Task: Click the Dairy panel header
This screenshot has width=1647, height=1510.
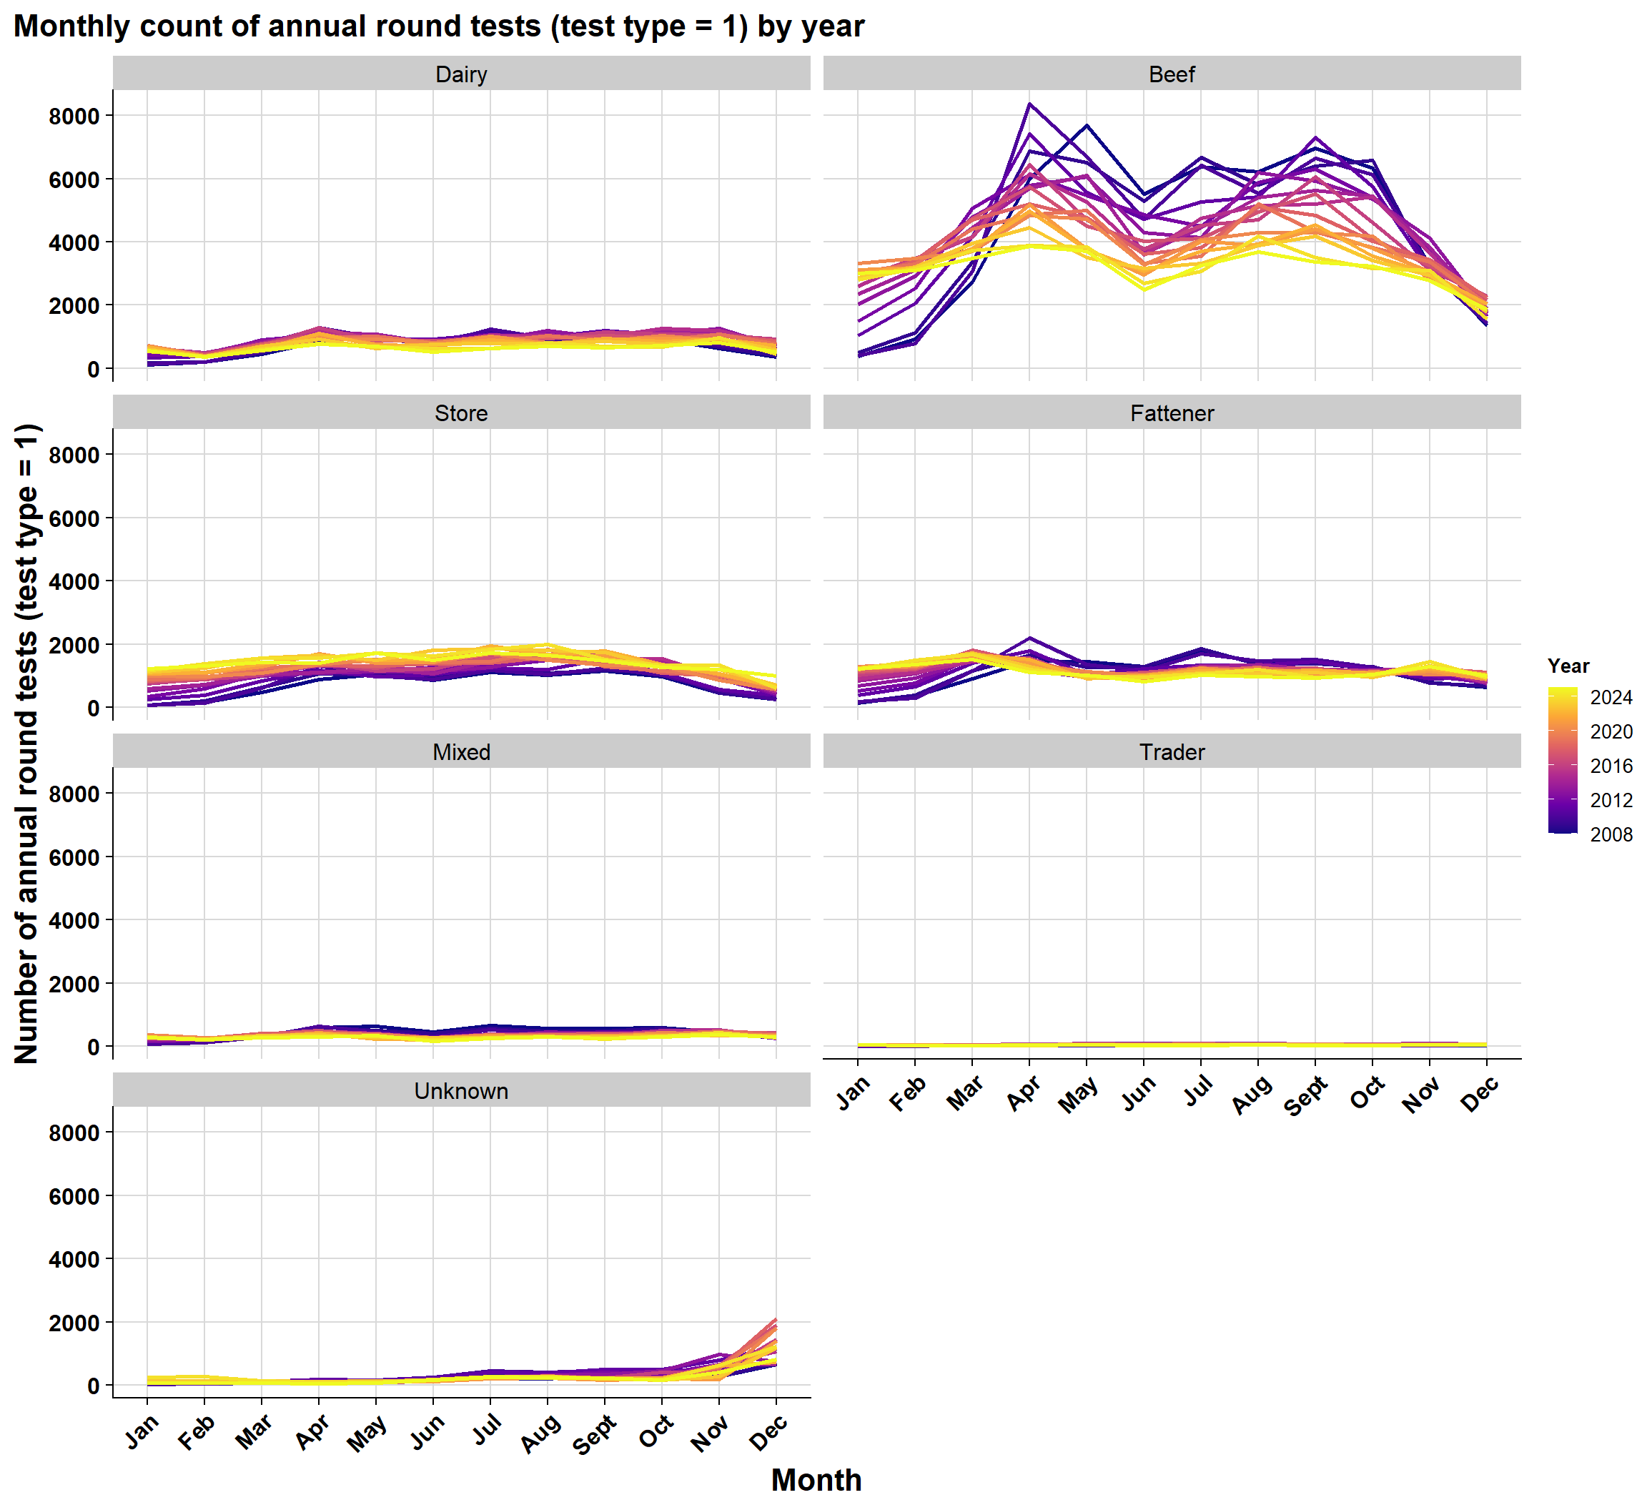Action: click(461, 74)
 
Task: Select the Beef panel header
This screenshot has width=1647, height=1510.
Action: click(1172, 74)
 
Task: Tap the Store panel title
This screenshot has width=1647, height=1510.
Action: click(461, 413)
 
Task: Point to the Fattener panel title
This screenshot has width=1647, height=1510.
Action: click(1172, 413)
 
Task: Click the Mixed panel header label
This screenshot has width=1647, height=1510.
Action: click(461, 753)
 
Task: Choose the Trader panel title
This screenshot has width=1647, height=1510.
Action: click(1172, 753)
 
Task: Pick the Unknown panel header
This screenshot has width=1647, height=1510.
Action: click(461, 1092)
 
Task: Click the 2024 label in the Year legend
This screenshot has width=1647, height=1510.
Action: click(1611, 697)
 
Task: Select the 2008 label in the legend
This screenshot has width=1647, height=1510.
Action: click(1611, 834)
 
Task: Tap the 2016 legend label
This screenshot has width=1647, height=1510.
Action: click(1611, 766)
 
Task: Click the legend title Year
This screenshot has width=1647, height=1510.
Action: click(1568, 666)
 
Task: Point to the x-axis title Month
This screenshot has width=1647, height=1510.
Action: click(816, 1480)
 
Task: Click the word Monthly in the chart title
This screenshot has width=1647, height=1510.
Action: click(71, 27)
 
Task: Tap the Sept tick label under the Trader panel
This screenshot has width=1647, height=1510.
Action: click(1305, 1096)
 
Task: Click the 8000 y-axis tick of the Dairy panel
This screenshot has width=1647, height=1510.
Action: click(74, 116)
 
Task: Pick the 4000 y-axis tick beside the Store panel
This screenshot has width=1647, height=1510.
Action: click(74, 582)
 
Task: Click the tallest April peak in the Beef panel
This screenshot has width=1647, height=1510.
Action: click(1029, 104)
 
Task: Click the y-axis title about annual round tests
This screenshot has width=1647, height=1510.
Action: click(27, 744)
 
